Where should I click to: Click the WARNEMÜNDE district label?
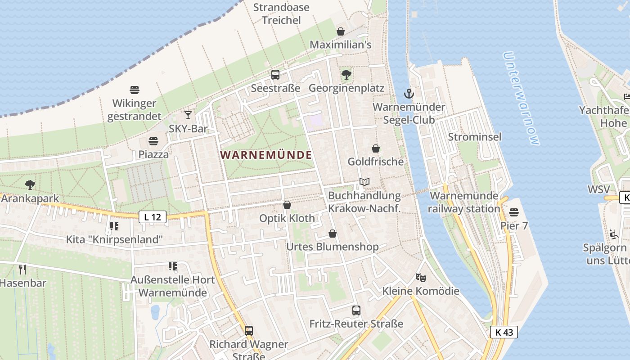click(266, 155)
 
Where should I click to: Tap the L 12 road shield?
click(153, 217)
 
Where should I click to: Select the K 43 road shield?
click(504, 333)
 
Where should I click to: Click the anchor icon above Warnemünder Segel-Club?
click(409, 94)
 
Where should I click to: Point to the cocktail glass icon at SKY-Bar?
click(188, 115)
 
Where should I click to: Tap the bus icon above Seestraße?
click(275, 75)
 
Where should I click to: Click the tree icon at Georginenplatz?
click(346, 75)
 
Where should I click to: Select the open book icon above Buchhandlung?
click(364, 182)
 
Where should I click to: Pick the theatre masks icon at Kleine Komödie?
click(421, 278)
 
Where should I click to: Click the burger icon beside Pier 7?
click(514, 212)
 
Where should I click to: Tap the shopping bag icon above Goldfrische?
click(376, 148)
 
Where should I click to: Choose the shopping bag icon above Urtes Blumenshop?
click(333, 234)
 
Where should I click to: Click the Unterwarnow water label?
click(521, 99)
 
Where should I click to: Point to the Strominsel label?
click(474, 137)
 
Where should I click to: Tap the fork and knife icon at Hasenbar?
click(22, 270)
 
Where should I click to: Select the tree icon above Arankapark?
click(30, 184)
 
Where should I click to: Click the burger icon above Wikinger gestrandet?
click(134, 90)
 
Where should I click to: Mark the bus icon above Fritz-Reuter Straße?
click(356, 310)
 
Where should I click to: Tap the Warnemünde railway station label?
click(464, 202)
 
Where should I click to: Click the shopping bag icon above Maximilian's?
click(341, 31)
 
